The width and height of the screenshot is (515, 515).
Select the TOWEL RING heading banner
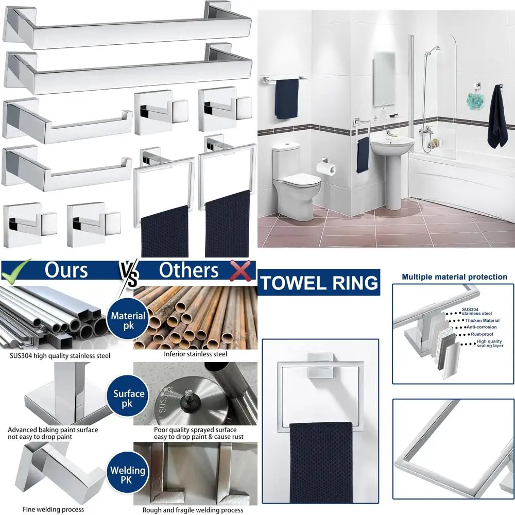tap(319, 283)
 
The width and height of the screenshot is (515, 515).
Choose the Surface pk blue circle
tap(129, 399)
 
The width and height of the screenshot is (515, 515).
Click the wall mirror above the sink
tap(384, 78)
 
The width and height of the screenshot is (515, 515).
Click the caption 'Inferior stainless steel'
tap(195, 354)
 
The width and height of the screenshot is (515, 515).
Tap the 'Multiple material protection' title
tap(454, 277)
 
